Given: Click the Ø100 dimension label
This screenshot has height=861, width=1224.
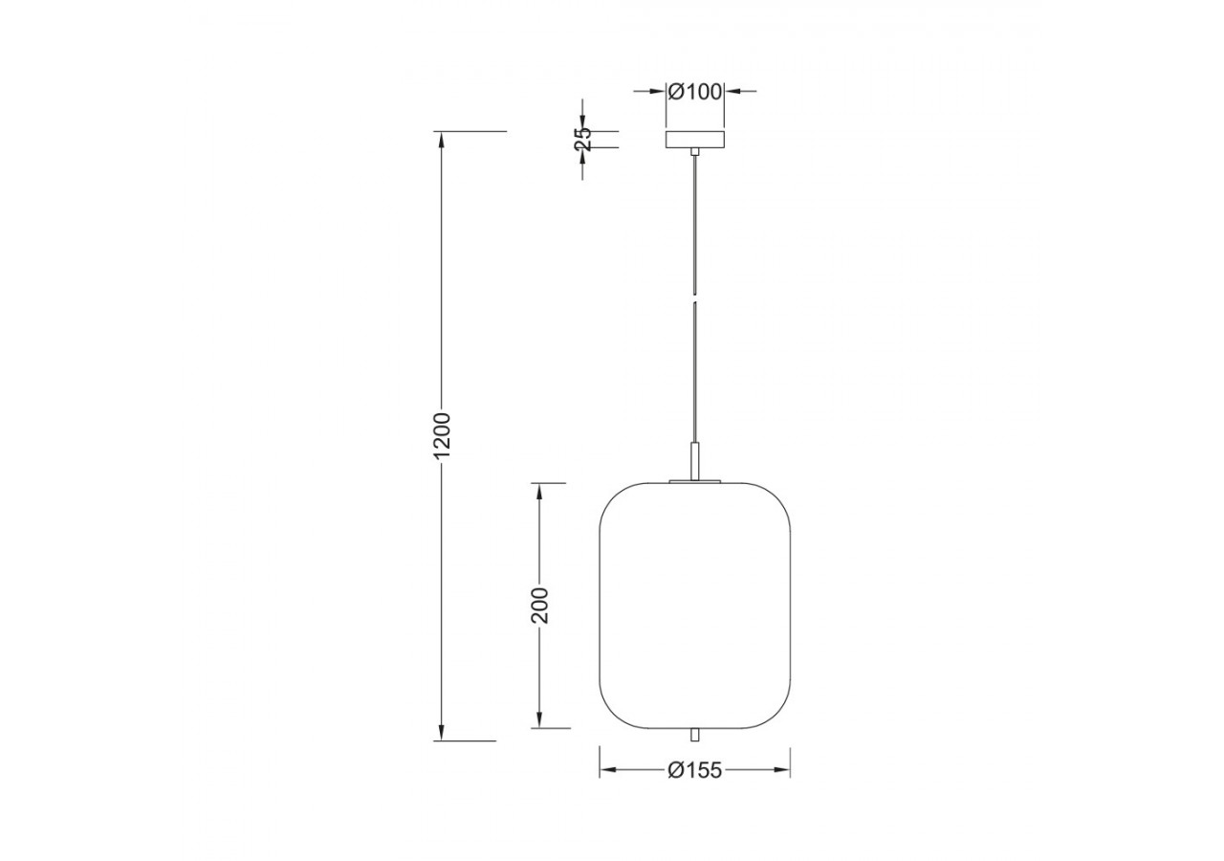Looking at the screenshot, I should coord(695,92).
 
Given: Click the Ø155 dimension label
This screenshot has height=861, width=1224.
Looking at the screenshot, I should coord(695,771).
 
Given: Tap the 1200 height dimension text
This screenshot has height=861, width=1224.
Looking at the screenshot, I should coord(441,435).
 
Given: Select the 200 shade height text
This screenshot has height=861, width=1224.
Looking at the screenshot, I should coord(540,605).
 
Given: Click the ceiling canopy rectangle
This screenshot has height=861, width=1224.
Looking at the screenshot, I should coord(695,140).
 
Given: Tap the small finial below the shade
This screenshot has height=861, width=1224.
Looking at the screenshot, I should coord(695,735).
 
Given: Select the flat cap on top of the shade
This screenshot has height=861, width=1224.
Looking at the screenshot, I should coord(695,481).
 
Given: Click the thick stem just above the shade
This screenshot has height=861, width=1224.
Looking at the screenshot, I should coord(695,460).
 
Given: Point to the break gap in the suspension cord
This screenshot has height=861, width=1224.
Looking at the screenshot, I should coord(695,295).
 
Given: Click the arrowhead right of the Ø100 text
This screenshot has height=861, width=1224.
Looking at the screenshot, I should coord(732,92).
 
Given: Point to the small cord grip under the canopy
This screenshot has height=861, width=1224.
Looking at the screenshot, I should coord(695,152).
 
